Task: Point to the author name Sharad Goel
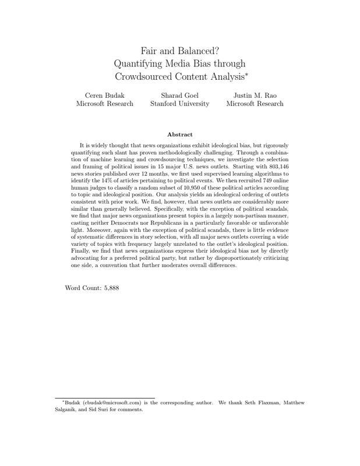179,94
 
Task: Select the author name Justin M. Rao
255,94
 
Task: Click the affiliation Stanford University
179,104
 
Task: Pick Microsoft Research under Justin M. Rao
255,104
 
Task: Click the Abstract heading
179,135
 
